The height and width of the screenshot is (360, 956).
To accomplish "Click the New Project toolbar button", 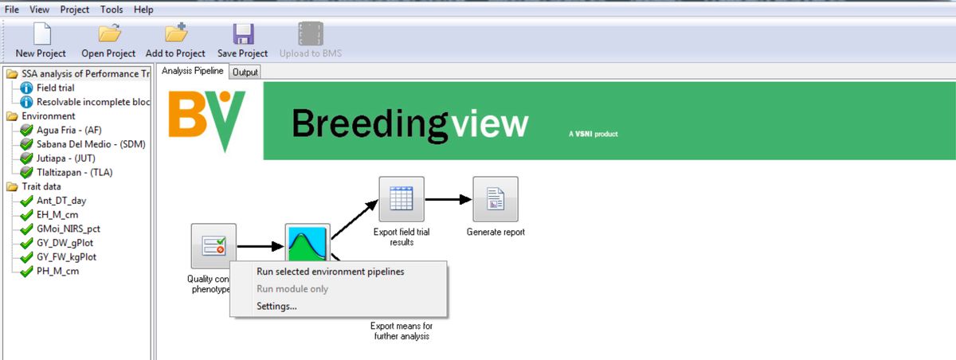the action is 41,40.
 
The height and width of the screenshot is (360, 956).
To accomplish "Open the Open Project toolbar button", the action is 108,40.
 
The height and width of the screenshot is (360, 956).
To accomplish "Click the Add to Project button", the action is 175,40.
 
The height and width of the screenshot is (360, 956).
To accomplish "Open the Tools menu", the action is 112,10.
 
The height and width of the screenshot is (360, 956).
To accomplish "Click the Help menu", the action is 143,10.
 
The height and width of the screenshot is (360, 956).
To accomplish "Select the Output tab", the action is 245,72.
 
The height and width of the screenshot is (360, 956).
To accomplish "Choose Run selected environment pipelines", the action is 331,272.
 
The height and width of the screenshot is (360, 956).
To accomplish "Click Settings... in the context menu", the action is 276,307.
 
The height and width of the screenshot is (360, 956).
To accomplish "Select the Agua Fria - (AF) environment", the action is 69,130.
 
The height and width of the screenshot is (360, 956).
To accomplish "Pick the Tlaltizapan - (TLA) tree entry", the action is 74,172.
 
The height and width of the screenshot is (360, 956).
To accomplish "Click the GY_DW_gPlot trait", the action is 65,243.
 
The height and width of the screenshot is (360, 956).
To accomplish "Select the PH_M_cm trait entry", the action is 57,271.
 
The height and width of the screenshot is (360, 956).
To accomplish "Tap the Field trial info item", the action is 56,88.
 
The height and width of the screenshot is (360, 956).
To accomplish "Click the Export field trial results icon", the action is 402,199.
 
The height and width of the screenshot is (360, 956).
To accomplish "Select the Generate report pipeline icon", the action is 496,199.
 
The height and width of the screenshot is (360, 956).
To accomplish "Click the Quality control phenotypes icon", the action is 214,246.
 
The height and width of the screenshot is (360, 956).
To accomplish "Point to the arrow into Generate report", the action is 449,199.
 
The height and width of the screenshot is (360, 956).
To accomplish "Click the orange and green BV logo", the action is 207,121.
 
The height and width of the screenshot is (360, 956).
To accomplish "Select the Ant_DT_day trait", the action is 61,201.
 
